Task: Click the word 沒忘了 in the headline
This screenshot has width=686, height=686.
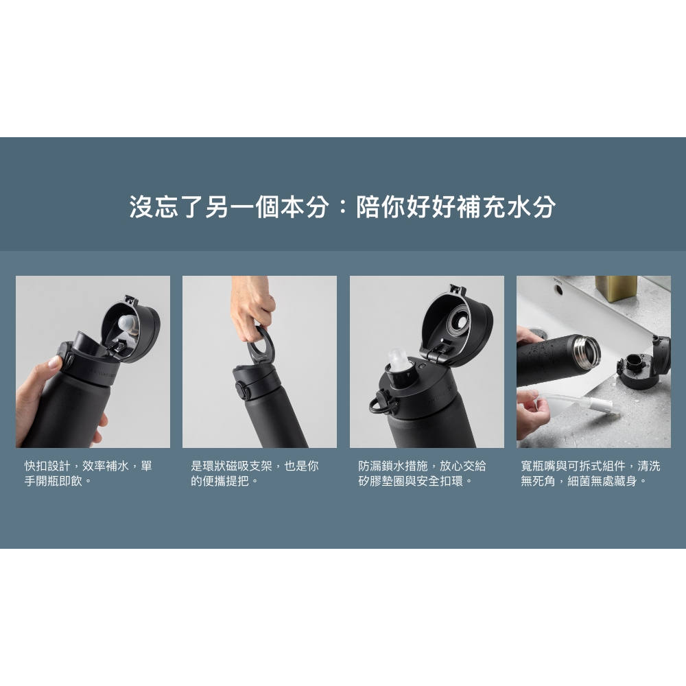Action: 167,206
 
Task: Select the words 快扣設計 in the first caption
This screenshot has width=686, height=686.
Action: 47,466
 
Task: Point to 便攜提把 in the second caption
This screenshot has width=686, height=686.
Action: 225,481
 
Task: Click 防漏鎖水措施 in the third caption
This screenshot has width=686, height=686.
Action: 393,466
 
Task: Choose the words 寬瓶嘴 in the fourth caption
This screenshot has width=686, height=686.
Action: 538,466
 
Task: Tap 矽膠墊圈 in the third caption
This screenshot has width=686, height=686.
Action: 381,481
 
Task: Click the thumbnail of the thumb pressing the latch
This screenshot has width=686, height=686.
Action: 93,362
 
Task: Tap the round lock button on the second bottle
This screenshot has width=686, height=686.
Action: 240,389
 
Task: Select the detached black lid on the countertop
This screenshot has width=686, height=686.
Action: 643,363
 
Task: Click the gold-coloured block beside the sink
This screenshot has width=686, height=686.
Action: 616,288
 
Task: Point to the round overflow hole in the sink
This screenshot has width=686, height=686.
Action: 558,289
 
